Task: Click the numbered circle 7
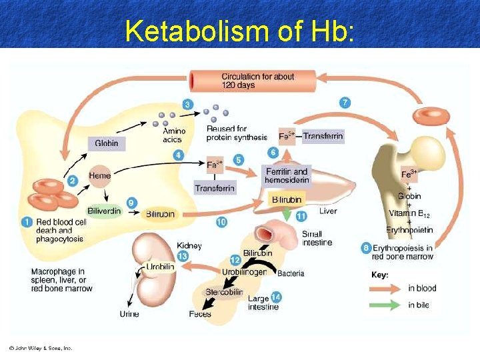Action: (345, 103)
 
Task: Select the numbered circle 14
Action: (276, 297)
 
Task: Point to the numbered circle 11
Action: (301, 216)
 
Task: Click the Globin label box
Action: (107, 143)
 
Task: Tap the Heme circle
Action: (100, 175)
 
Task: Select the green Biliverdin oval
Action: (105, 211)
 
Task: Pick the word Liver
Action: (328, 211)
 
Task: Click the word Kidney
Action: (189, 247)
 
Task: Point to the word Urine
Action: (129, 314)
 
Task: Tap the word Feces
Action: (200, 314)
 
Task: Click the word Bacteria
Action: (291, 273)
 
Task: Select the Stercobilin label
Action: (224, 292)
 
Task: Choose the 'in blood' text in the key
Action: (423, 289)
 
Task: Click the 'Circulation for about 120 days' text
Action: (257, 81)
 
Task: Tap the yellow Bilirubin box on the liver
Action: (286, 199)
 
